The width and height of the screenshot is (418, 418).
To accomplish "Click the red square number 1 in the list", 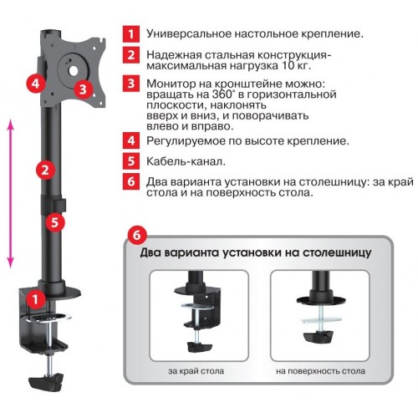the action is (x=131, y=34).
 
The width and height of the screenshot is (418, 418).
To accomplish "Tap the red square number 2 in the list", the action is (x=131, y=55).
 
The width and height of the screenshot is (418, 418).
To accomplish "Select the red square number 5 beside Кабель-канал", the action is (x=131, y=161).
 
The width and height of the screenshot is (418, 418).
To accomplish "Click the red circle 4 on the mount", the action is (x=36, y=83).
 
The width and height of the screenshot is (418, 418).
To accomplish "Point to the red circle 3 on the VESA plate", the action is (x=83, y=89).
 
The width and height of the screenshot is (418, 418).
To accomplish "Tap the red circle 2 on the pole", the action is (x=45, y=170).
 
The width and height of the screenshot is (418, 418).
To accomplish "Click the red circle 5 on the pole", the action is (x=55, y=222).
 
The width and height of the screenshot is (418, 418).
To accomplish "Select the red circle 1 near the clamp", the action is (x=35, y=299).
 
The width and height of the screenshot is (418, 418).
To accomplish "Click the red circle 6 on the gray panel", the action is (x=137, y=235).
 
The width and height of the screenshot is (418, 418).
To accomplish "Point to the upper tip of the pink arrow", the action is (x=11, y=120).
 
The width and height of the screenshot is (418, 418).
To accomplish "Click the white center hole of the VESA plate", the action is (x=74, y=71).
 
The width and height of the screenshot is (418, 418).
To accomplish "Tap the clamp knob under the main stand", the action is (x=46, y=382).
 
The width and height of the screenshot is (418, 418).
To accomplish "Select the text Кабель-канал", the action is (x=186, y=161).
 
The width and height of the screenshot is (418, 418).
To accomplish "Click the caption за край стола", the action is (x=196, y=371).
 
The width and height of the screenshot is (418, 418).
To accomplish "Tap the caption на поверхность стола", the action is (x=320, y=371).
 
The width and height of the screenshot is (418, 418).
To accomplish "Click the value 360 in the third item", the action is (x=222, y=94).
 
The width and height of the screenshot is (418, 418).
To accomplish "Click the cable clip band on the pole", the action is (x=54, y=204).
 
